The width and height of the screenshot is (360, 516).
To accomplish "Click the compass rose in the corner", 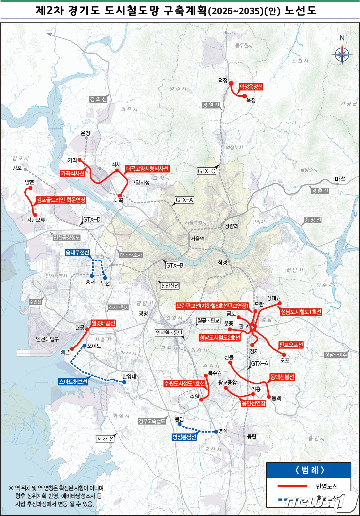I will [342, 54].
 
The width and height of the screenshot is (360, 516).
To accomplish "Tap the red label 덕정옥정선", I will [251, 87].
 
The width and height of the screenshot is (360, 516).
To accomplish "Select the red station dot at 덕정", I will [231, 83].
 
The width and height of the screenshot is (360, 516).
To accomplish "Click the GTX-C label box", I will [206, 171].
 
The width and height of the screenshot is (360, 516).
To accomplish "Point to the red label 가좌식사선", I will [73, 173].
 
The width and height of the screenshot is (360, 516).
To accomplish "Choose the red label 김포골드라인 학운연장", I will [61, 200].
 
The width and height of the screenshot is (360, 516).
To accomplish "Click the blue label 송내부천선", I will [77, 252].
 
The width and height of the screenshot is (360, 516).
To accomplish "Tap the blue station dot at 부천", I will [105, 278].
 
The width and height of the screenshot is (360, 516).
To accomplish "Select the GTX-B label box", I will [175, 265].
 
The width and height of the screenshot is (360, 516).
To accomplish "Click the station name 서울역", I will [197, 239].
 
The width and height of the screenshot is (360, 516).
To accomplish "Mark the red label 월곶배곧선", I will [103, 323].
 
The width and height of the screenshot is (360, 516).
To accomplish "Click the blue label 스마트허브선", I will [73, 382].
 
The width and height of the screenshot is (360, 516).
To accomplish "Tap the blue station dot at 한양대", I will [124, 382].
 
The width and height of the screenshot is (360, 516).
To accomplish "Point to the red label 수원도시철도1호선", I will [185, 384].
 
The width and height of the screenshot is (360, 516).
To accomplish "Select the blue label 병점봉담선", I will [184, 437].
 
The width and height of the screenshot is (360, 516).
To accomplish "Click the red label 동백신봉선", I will [282, 377].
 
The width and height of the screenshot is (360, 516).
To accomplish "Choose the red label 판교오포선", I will [291, 345].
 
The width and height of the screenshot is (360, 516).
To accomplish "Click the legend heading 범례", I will [309, 471].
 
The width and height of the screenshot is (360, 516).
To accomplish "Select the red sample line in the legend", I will [292, 486].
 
